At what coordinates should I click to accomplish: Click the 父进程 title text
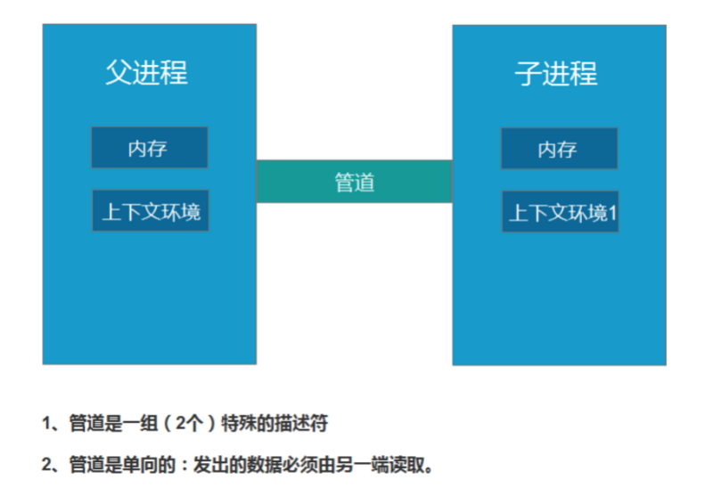coord(147,72)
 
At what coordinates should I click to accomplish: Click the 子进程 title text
coord(556,73)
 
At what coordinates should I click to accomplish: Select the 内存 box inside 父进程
coord(149,148)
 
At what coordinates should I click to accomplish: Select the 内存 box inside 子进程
coord(558,149)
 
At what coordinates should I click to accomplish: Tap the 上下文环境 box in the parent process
coord(151,211)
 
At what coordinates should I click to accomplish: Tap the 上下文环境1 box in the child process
coord(560,212)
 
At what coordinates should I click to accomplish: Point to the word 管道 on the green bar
coord(355,182)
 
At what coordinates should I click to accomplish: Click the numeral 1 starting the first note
coord(46,424)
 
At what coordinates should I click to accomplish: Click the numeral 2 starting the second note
coord(46,465)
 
